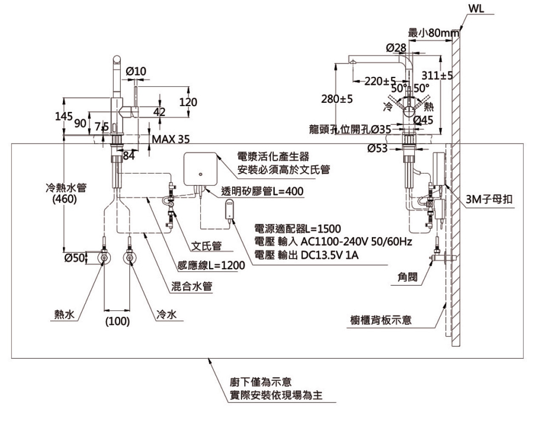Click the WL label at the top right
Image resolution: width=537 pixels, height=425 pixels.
tap(476, 9)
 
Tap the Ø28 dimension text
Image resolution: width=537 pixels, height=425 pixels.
tap(396, 48)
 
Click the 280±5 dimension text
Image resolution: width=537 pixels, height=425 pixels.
tap(337, 99)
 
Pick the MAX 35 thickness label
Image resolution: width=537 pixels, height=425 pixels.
tap(171, 139)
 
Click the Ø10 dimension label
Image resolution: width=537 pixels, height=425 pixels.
tap(136, 71)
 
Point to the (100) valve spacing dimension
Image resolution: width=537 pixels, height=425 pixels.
tap(117, 321)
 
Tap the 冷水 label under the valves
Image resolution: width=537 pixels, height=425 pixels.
tap(167, 314)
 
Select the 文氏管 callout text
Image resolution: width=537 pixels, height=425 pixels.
tap(206, 246)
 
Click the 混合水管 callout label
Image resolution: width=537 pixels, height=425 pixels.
tap(192, 286)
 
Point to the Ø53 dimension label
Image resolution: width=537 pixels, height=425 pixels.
tap(378, 148)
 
